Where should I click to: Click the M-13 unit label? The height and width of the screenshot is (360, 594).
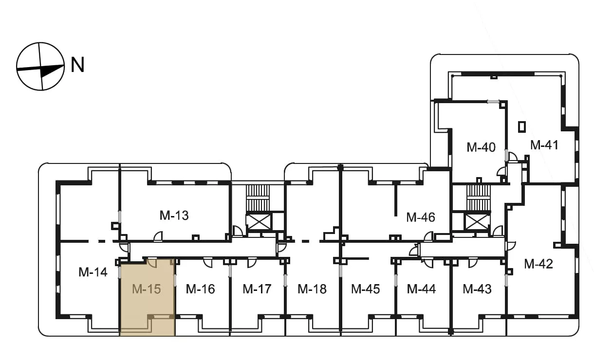point(174,216)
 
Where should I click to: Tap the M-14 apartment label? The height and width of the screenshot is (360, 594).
point(93,272)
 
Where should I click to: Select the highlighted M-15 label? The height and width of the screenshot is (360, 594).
point(147,289)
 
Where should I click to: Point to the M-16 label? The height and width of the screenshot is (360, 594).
point(200,289)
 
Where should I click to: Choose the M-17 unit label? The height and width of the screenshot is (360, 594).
point(257,289)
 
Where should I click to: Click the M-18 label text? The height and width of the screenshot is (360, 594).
point(312,289)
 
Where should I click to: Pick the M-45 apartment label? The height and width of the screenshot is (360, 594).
point(366,289)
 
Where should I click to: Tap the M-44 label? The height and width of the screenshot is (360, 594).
point(421,289)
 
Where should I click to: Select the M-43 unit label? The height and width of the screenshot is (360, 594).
point(477,289)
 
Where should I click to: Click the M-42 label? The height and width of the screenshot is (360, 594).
point(538,264)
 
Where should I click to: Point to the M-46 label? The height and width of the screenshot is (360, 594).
point(421,217)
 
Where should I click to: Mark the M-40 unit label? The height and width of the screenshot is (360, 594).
point(481,147)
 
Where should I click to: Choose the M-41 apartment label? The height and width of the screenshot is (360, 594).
point(544,145)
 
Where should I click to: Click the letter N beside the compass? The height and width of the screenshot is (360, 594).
point(77,65)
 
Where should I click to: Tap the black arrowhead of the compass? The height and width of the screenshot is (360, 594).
point(52,71)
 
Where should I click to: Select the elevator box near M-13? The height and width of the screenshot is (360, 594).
point(259,222)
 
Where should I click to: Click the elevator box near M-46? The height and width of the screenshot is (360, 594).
point(477,222)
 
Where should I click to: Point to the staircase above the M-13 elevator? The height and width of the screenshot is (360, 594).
point(258,198)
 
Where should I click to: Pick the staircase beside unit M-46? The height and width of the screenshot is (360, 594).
point(479,198)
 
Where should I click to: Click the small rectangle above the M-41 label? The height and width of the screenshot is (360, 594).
point(522,126)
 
